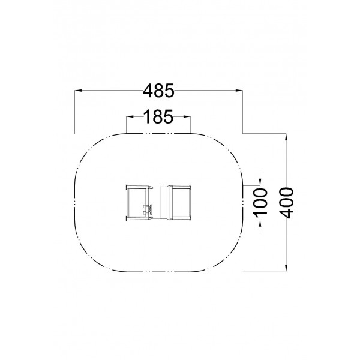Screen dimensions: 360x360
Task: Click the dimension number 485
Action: coord(158,91)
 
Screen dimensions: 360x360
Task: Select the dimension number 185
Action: coord(158,116)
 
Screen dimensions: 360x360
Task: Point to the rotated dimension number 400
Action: coord(286,203)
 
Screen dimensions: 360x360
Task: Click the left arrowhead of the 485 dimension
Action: coord(78,91)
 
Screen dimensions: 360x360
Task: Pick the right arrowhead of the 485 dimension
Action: coord(239,91)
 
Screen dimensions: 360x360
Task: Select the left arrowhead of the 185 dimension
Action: coord(130,116)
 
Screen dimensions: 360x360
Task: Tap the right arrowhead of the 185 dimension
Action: coord(187,116)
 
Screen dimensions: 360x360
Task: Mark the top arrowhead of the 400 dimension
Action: coord(286,137)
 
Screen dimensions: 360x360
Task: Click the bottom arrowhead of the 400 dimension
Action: coord(286,268)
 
